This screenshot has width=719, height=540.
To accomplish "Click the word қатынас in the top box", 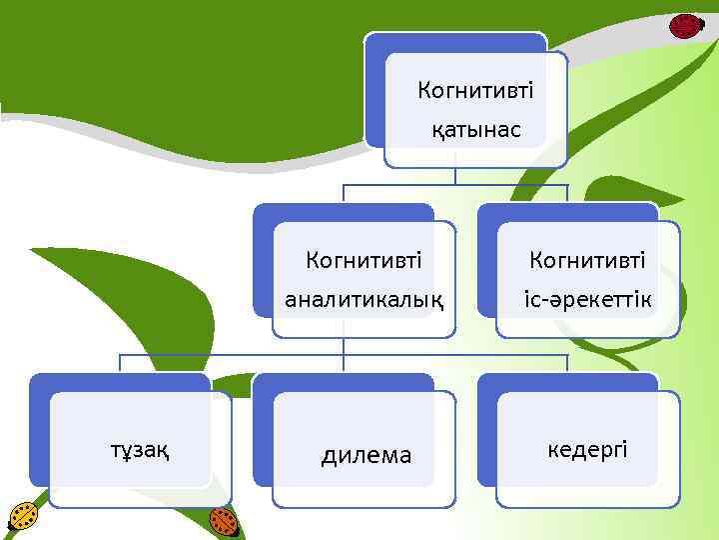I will point(476,130).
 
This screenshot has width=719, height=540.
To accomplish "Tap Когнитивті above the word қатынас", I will point(476,91).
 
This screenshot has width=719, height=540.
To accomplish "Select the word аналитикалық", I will point(363,299).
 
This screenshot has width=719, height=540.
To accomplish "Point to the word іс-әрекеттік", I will point(587,299).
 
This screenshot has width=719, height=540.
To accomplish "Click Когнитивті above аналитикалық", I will point(363,261).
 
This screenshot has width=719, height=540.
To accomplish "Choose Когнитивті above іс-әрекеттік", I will point(587,261).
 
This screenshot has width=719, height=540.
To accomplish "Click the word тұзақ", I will point(140,451).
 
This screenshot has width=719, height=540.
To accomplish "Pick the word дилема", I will point(365,456).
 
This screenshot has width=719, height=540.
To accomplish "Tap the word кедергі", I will point(588,450).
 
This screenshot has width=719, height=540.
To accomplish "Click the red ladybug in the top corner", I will point(685,26).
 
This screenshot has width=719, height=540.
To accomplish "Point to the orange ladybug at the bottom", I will point(225,521).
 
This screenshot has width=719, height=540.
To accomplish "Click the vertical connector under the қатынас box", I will point(455,176).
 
